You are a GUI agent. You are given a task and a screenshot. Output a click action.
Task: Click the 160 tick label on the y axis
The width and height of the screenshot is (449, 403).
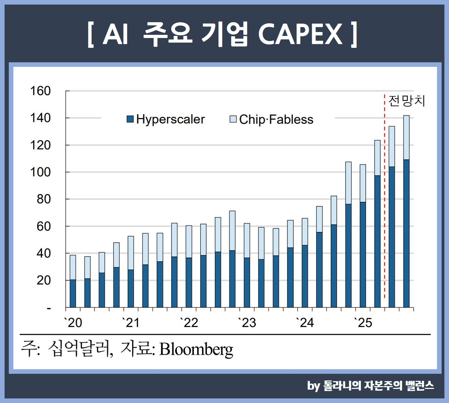[x=40, y=91]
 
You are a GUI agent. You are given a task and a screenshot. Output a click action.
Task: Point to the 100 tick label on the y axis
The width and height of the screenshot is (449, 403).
[x=40, y=172]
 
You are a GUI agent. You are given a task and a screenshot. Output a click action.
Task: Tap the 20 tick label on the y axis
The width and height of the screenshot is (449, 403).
[x=44, y=281]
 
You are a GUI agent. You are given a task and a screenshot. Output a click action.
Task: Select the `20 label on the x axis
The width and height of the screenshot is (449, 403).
[x=73, y=323]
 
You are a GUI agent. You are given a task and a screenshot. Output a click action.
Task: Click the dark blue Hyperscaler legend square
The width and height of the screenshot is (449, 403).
[x=130, y=119]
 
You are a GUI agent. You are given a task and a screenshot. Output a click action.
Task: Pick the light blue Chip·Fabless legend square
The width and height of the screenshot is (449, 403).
[x=233, y=119]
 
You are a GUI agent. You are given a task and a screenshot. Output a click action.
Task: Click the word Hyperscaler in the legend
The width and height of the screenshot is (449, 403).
[x=170, y=119]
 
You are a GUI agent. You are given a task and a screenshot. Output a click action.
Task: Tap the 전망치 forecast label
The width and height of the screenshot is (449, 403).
[x=407, y=101]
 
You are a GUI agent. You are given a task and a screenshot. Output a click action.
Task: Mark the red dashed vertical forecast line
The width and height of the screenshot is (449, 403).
[x=384, y=211]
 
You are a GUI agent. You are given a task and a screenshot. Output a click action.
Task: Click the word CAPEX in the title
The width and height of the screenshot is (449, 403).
[x=300, y=34]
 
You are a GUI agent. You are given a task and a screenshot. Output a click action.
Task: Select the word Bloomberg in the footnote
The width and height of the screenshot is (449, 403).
[x=196, y=349]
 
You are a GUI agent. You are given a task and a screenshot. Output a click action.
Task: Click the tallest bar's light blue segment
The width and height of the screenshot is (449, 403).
[x=406, y=137]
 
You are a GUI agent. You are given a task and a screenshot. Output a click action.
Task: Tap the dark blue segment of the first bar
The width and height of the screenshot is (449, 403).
[x=73, y=293]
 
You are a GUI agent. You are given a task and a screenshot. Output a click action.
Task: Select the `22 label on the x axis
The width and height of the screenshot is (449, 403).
[x=189, y=323]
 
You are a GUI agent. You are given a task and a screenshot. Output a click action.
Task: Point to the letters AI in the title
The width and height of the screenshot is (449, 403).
[x=115, y=34]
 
